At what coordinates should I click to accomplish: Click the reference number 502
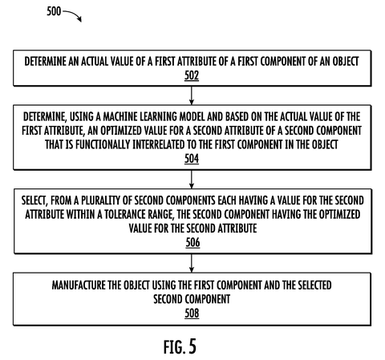(192, 75)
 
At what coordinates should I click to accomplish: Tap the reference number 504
(192, 159)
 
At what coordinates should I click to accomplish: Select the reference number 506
(192, 243)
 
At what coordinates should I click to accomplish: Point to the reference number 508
(192, 313)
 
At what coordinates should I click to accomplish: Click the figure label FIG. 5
(180, 346)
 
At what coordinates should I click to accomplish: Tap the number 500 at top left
(54, 11)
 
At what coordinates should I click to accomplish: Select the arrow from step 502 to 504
(192, 95)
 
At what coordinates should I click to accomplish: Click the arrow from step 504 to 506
(192, 180)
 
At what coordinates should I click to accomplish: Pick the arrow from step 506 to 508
(192, 263)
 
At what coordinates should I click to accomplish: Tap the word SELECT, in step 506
(34, 200)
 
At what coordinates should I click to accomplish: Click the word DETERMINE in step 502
(45, 62)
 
